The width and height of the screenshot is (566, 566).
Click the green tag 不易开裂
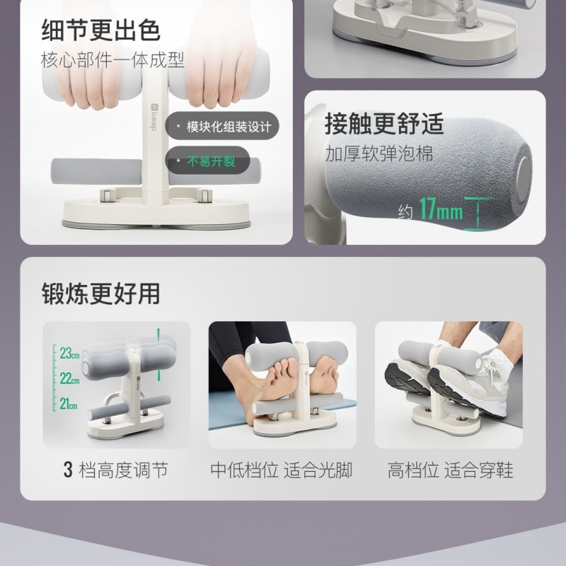[211, 161]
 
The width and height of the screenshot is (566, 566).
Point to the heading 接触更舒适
[384, 123]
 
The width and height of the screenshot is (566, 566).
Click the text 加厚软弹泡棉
[379, 154]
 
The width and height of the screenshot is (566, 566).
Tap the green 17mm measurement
[440, 211]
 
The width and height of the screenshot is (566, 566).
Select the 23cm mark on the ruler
[69, 352]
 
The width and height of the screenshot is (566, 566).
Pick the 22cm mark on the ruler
[69, 379]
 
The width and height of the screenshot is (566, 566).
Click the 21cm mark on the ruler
[69, 404]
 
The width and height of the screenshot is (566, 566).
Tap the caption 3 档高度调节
[116, 470]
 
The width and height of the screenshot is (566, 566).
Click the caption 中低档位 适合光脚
[282, 470]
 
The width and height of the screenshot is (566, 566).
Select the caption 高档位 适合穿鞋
[450, 470]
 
